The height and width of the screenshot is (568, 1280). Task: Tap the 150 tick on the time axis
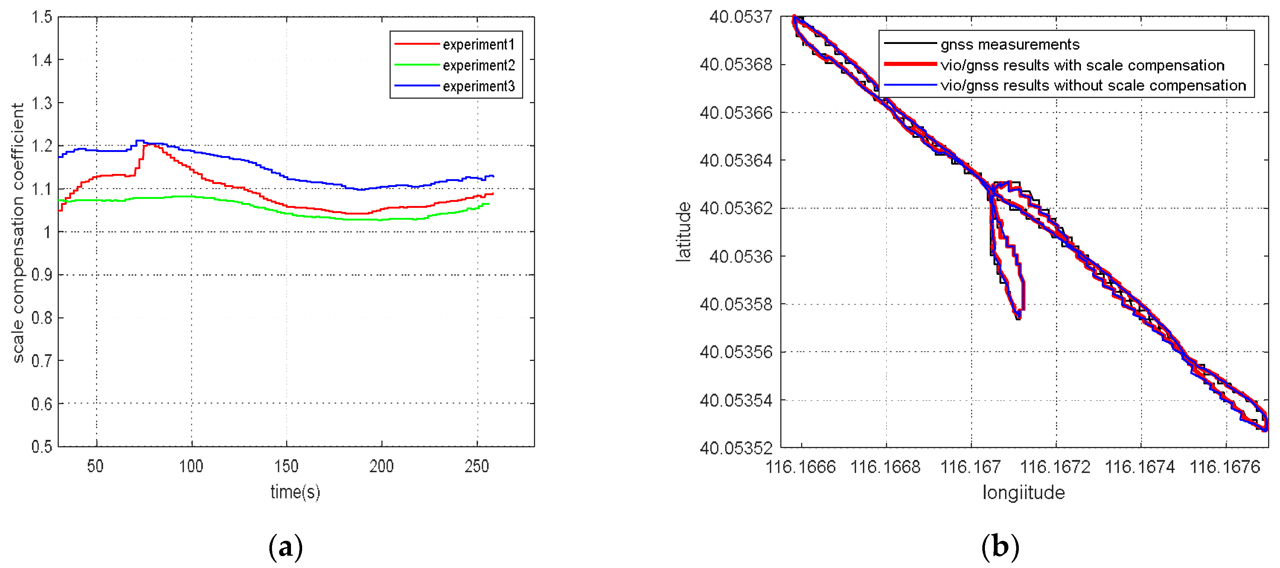pyautogui.click(x=286, y=467)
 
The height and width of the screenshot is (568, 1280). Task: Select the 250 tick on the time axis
pyautogui.click(x=477, y=467)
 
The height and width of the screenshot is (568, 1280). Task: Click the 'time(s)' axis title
pyautogui.click(x=295, y=492)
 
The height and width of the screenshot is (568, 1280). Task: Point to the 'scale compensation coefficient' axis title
pyautogui.click(x=18, y=233)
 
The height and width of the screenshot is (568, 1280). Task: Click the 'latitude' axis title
pyautogui.click(x=684, y=232)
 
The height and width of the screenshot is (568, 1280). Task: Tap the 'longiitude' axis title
pyautogui.click(x=1024, y=492)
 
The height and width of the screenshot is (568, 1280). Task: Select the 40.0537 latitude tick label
pyautogui.click(x=741, y=18)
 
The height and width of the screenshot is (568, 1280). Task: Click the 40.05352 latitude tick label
pyautogui.click(x=736, y=448)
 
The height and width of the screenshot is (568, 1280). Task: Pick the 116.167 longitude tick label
pyautogui.click(x=970, y=467)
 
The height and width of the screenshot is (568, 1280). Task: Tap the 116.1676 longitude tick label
pyautogui.click(x=1225, y=467)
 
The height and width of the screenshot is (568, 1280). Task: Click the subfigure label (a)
pyautogui.click(x=286, y=547)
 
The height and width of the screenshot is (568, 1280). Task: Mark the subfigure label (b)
pyautogui.click(x=1000, y=547)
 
